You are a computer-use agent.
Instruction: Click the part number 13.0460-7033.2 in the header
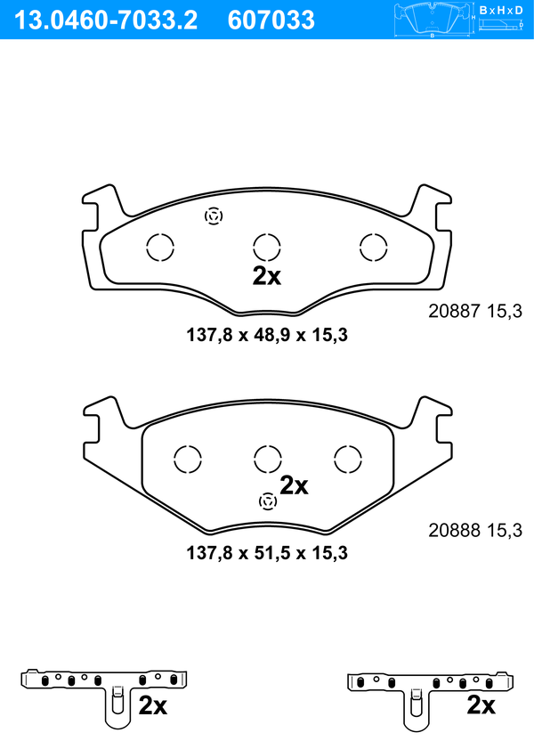click(x=106, y=20)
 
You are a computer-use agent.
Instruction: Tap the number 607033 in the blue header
click(x=271, y=20)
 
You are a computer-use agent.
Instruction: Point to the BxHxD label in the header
click(x=501, y=10)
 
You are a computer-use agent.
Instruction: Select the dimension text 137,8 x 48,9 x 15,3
click(x=267, y=335)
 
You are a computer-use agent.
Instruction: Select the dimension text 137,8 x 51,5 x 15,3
click(x=267, y=553)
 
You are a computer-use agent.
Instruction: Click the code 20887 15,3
click(x=475, y=311)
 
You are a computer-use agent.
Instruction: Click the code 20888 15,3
click(x=475, y=530)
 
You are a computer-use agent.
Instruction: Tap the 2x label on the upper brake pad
click(x=267, y=275)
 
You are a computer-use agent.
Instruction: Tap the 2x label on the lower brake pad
click(x=294, y=485)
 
